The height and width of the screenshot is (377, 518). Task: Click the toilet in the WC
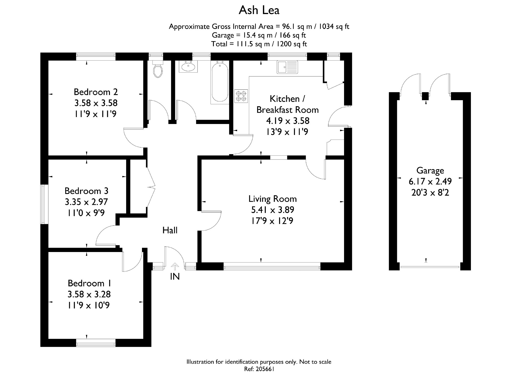tap(158, 70)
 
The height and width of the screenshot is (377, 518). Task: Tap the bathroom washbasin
tap(188, 67)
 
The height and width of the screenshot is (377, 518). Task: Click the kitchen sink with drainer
tap(287, 67)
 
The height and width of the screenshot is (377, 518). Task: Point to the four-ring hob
tap(241, 96)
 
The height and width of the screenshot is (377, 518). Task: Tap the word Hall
tap(170, 231)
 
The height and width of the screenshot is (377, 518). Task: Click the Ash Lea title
tap(259, 10)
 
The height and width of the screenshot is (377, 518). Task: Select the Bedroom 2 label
tap(96, 92)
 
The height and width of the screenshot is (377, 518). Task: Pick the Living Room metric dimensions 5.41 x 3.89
tap(273, 210)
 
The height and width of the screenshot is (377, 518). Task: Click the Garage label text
tap(430, 170)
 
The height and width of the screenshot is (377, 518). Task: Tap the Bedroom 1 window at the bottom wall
tap(96, 343)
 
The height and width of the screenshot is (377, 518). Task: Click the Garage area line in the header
tap(259, 35)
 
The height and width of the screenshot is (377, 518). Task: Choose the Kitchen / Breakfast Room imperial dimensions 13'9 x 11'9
tap(287, 132)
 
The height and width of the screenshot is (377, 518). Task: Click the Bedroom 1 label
tap(89, 283)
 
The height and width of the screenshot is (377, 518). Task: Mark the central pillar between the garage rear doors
tap(425, 96)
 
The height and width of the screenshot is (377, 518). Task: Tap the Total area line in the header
tap(259, 44)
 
